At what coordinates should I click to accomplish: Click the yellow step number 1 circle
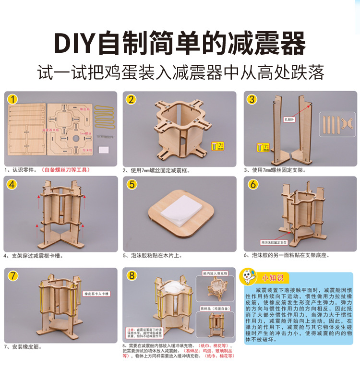coord(13,99)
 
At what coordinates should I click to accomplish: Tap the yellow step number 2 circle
coord(132,99)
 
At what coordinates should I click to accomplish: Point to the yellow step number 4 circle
coord(13,184)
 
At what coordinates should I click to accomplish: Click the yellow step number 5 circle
coord(132,184)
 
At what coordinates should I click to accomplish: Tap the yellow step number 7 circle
coord(13,275)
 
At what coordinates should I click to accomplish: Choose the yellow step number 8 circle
coord(132,275)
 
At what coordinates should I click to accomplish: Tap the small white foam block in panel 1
coord(103,150)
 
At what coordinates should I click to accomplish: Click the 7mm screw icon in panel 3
coord(262,147)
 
